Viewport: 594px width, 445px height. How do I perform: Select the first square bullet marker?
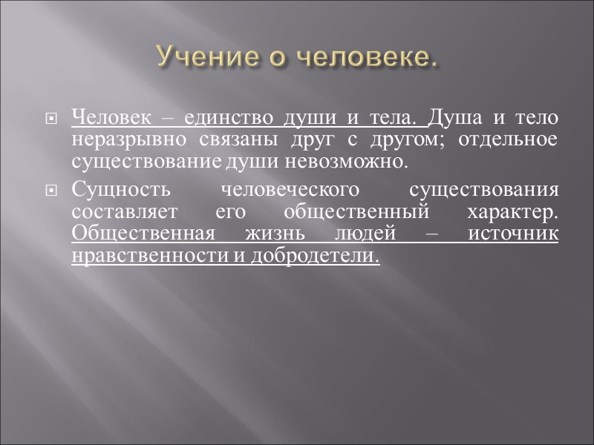pyautogui.click(x=51, y=119)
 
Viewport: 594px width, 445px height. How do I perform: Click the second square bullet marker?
pyautogui.click(x=51, y=192)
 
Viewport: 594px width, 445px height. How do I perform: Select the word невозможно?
pyautogui.click(x=355, y=160)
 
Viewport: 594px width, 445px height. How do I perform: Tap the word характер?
pyautogui.click(x=512, y=213)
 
